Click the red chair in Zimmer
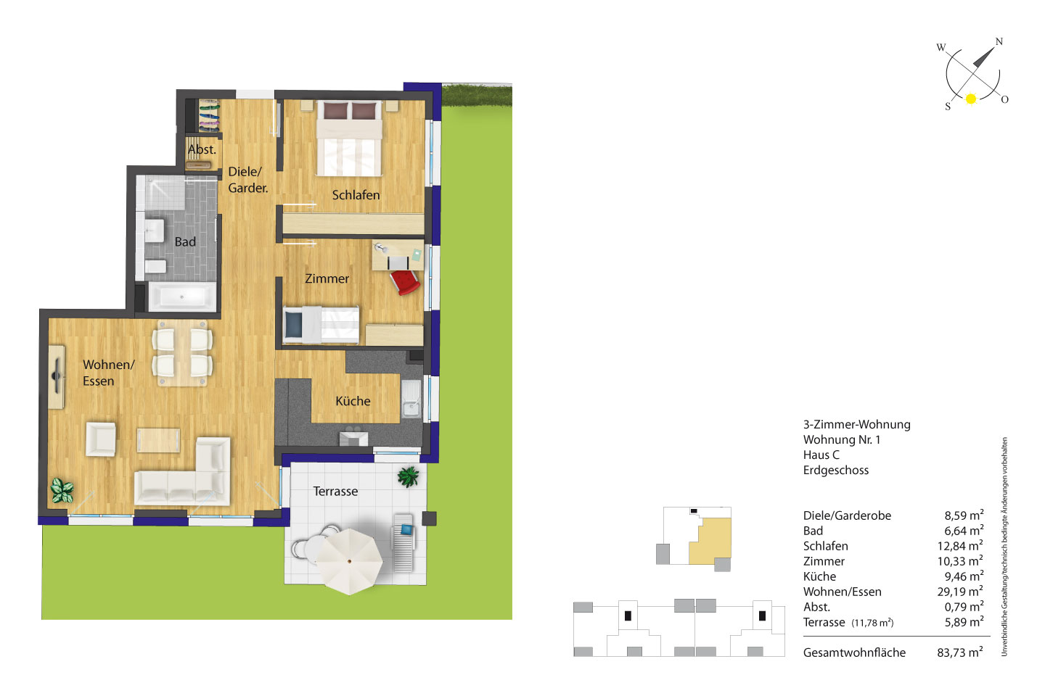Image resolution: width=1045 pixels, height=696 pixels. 405,281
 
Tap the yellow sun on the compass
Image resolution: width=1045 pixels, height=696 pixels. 971,99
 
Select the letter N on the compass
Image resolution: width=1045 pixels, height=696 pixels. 999,41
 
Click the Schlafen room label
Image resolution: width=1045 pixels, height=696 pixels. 356,195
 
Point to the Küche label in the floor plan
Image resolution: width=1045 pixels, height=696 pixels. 353,401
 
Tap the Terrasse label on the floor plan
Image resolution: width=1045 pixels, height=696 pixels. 335,492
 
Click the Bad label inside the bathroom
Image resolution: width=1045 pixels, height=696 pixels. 185,241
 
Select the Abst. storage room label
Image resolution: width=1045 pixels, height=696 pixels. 202,149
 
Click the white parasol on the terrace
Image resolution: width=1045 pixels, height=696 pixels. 350,562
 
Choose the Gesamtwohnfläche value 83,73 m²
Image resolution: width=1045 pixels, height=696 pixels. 960,652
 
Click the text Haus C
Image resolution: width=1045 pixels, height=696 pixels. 821,455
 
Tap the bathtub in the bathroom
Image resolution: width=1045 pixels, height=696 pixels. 182,297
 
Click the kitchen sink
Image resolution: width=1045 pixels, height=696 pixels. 411,399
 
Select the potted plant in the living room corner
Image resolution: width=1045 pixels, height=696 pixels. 62,491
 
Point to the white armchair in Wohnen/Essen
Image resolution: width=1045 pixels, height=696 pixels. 101,439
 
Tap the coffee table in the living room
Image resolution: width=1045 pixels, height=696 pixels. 158,440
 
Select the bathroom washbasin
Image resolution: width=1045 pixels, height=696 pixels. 154,231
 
